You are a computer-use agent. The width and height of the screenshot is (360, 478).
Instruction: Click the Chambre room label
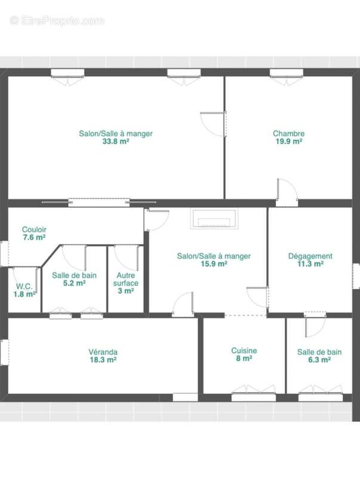point(288,133)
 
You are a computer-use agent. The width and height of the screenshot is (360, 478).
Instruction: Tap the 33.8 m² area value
point(115,142)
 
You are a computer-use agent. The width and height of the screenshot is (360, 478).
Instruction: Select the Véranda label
point(103,352)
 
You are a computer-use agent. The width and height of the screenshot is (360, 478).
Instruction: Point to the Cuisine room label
point(244,351)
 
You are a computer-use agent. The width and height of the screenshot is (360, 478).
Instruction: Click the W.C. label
point(24,287)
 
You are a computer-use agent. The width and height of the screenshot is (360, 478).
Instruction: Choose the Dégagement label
point(310,256)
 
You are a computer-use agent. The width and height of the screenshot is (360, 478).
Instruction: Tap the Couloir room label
point(34,229)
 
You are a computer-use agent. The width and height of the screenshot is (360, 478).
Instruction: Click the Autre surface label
point(126,279)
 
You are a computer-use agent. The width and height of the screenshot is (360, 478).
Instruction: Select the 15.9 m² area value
point(214,264)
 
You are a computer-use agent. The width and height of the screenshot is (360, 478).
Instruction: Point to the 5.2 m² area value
point(74,283)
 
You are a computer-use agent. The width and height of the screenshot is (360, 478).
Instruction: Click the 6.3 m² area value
point(319,360)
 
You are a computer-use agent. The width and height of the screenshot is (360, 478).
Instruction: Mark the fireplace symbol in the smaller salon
point(214,219)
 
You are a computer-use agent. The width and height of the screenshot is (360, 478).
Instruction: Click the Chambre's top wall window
point(287,73)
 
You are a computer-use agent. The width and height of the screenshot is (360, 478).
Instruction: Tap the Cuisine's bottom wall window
point(254,397)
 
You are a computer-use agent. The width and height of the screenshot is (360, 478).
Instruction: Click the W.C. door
point(37,280)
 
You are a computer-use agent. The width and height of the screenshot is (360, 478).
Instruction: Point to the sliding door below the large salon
point(99,203)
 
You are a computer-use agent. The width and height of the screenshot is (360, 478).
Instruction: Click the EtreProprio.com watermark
point(57,21)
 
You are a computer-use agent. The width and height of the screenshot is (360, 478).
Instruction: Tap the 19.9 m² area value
point(289,142)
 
